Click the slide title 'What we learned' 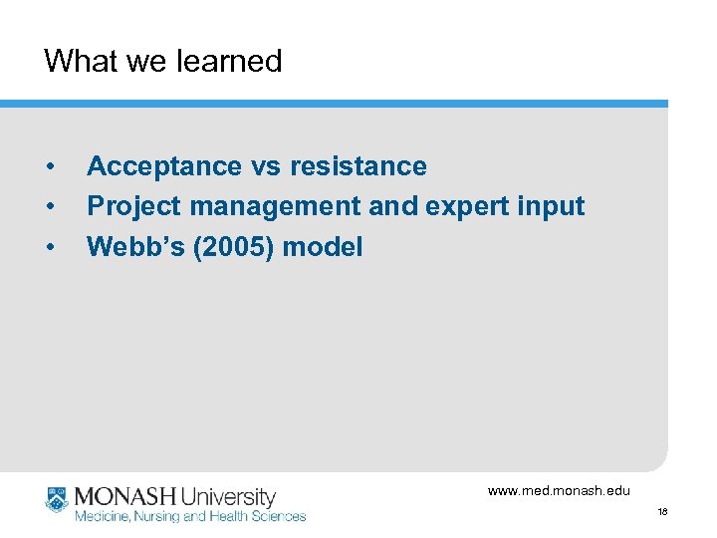pos(163,61)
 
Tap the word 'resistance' pos(358,166)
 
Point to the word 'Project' pos(134,206)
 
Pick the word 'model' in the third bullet pos(323,246)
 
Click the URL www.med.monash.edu pos(559,490)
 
